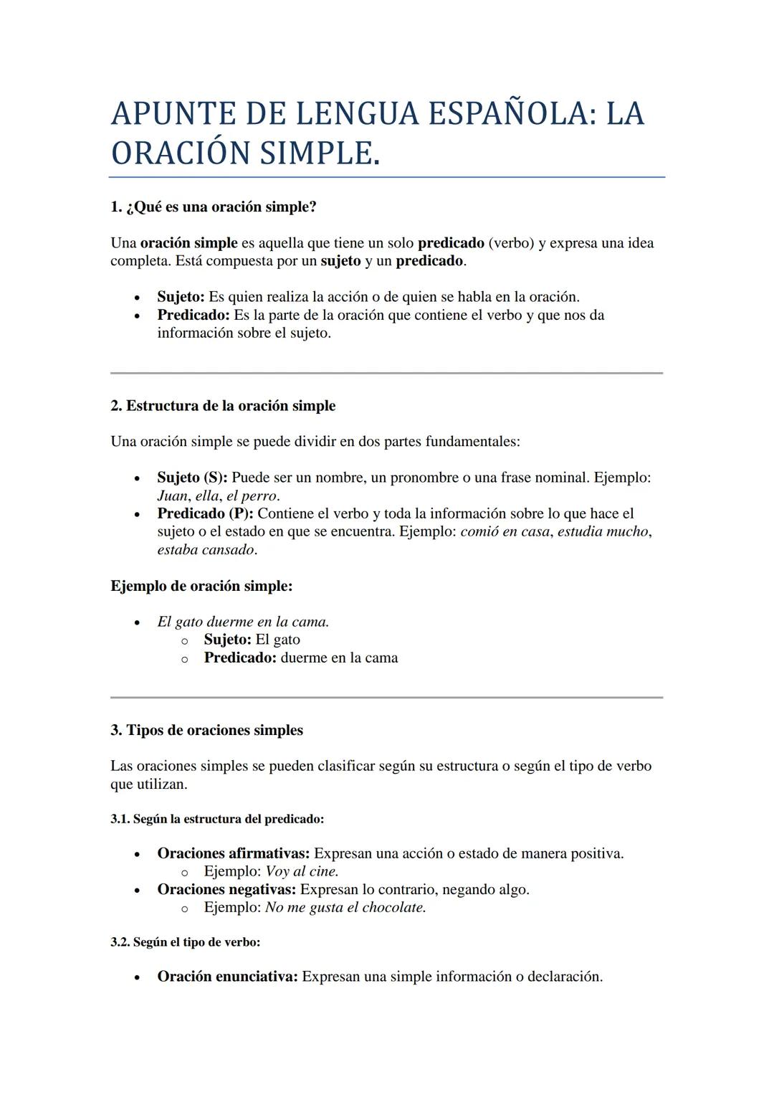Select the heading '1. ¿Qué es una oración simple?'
pos(214,207)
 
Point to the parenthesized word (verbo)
pos(511,243)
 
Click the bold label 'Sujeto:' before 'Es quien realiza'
pos(181,297)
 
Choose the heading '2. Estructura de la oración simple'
pos(223,406)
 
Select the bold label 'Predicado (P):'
pos(205,513)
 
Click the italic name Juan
pos(172,496)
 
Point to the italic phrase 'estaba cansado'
pos(206,550)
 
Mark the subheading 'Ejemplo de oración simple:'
pos(201,586)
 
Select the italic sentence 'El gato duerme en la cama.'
pos(243,622)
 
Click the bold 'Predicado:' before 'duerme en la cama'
pos(240,658)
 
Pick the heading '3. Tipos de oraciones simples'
pos(206,730)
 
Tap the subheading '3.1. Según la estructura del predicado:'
pos(217,819)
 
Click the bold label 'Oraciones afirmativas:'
pos(234,853)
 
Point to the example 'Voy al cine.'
pos(302,871)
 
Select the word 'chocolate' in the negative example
pos(393,907)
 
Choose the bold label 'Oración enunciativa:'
pos(227,977)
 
